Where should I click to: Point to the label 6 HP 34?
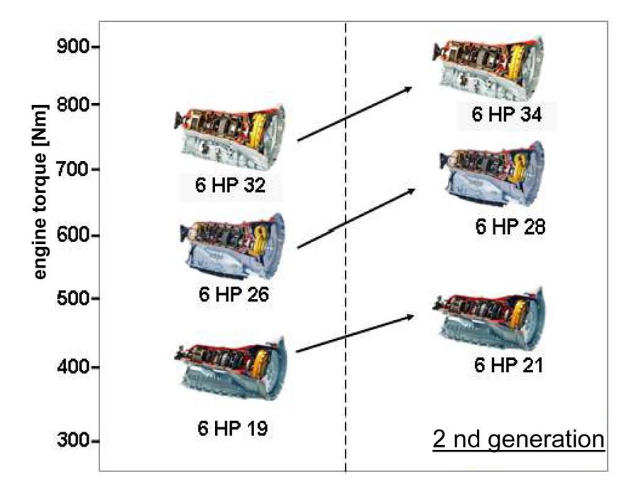pyautogui.click(x=505, y=114)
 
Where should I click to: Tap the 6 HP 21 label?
pyautogui.click(x=508, y=366)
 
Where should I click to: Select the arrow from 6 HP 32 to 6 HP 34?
pyautogui.click(x=355, y=114)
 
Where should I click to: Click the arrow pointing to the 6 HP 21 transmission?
pyautogui.click(x=355, y=334)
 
